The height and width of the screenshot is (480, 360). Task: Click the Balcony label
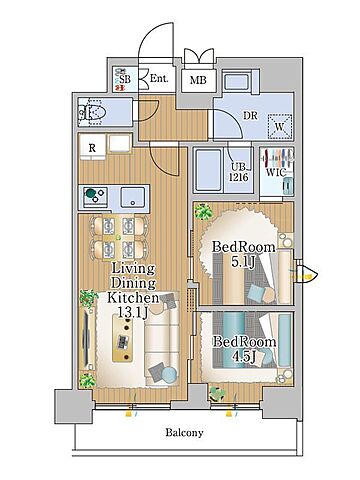[x=184, y=433]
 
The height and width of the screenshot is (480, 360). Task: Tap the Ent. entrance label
[x=159, y=79]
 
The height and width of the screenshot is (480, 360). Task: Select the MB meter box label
[x=198, y=80]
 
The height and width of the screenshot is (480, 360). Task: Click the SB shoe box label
[x=125, y=80]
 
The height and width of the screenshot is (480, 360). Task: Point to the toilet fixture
[x=92, y=113]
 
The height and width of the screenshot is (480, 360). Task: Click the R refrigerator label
[x=92, y=148]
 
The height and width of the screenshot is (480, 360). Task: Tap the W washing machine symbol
[x=280, y=126]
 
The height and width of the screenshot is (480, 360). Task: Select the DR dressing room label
[x=250, y=116]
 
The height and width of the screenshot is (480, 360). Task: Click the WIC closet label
[x=277, y=173]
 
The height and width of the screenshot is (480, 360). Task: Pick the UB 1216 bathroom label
[x=238, y=172]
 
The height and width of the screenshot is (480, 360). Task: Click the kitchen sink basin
[x=133, y=197]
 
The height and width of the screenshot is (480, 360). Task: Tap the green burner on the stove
[x=90, y=193]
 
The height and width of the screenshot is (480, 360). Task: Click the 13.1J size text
[x=133, y=312]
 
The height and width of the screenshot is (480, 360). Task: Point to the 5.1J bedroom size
[x=243, y=262]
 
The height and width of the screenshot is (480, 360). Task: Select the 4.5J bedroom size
[x=244, y=357]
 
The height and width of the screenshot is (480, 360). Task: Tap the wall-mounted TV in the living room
[x=86, y=337]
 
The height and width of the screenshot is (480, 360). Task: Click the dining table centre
[x=118, y=237]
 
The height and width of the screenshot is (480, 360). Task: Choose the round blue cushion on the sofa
[x=169, y=375]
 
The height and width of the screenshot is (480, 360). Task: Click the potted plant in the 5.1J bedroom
[x=203, y=211]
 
